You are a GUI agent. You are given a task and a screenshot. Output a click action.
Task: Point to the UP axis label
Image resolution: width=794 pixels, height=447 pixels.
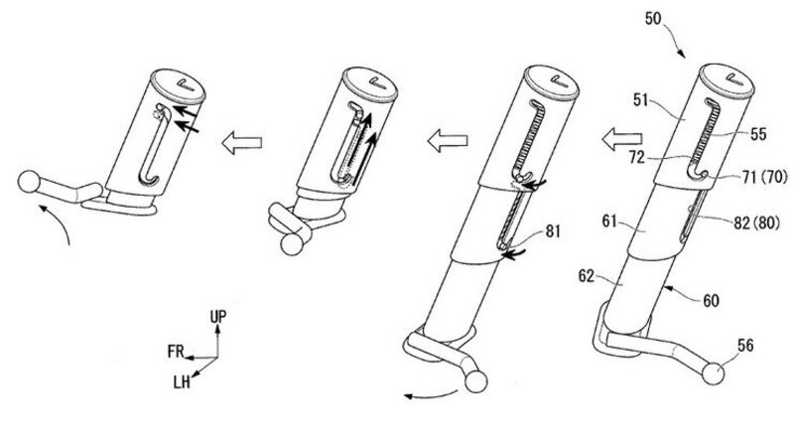pyautogui.click(x=220, y=315)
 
